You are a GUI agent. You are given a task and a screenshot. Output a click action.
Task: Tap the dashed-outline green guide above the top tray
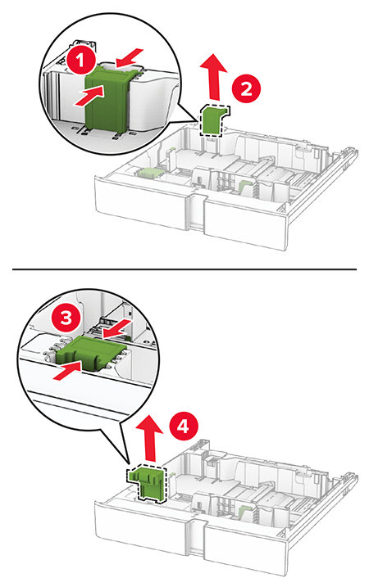pyautogui.click(x=213, y=120)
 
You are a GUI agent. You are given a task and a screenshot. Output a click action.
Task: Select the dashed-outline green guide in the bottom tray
pyautogui.click(x=148, y=481)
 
